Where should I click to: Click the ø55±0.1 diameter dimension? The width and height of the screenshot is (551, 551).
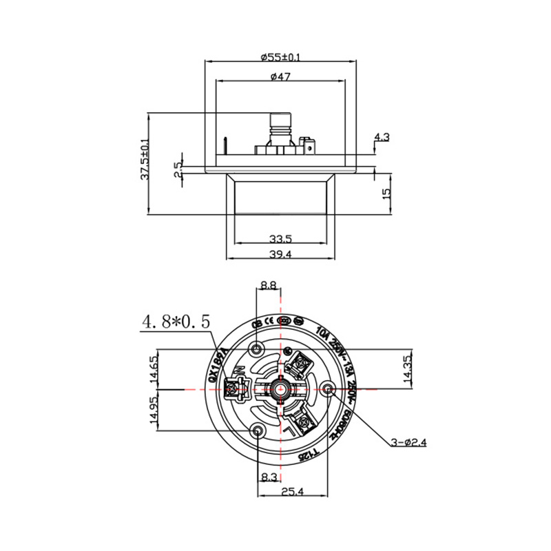pos(281,56)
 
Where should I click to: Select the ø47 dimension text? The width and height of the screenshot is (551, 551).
pos(280,76)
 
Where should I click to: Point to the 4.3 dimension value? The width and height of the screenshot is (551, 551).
pos(382,137)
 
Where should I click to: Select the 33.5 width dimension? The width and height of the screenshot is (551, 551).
pos(280,239)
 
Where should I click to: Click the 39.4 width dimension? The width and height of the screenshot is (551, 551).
pos(280,255)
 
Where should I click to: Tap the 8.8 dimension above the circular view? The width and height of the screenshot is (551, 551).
pos(268,284)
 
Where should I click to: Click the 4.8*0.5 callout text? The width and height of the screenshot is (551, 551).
pos(176,321)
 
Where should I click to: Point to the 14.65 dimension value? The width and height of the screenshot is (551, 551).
pos(154,368)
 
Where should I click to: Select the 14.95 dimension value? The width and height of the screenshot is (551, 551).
pos(154,410)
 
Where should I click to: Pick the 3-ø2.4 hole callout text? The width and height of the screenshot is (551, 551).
pos(408,443)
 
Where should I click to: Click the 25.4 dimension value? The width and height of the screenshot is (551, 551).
pos(293,490)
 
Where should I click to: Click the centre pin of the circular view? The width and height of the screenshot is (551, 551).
pos(280,389)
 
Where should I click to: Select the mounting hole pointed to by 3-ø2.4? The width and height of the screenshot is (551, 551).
pos(328,390)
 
